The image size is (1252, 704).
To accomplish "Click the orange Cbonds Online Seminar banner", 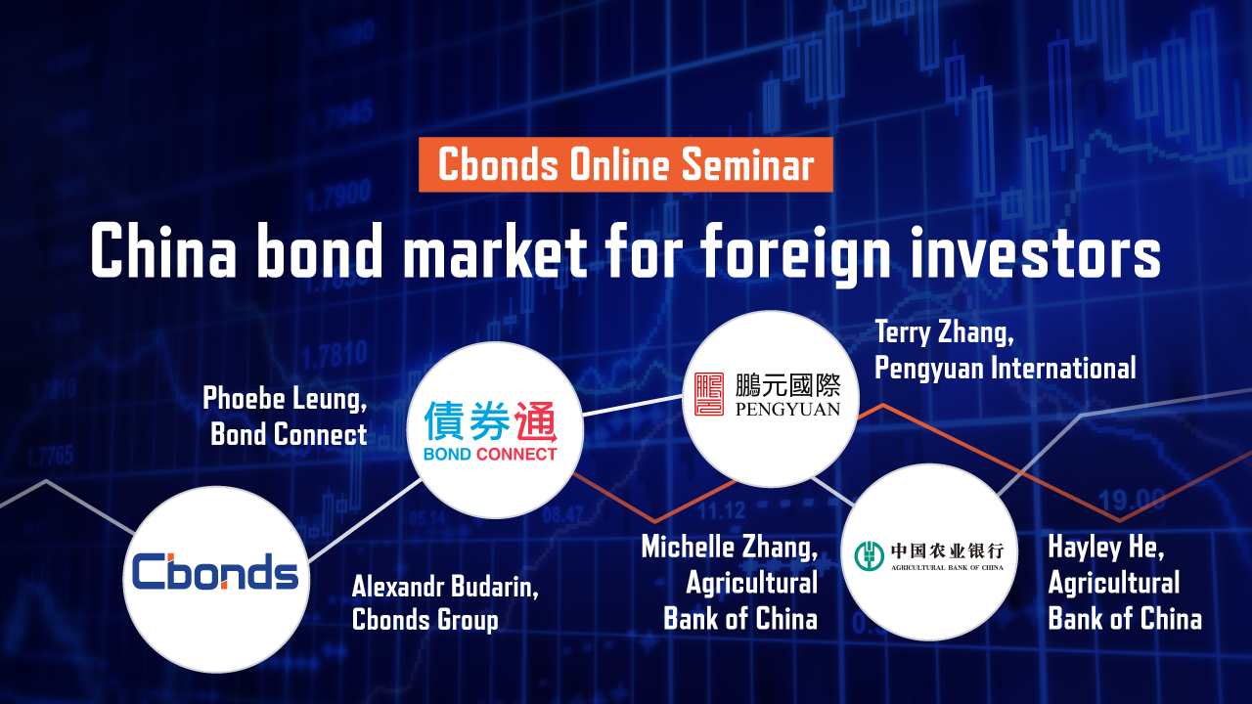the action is point(625,164).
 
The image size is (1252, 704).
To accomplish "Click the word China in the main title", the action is point(163,249).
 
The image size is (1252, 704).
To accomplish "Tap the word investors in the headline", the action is point(1035,250).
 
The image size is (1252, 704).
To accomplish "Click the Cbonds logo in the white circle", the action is point(216,572).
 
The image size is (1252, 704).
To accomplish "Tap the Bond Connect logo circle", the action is point(495,430).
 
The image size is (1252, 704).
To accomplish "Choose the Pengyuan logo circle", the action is point(771,398).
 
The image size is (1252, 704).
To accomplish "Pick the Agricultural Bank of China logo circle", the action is point(929,552).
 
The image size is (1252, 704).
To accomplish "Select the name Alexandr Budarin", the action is point(445,587).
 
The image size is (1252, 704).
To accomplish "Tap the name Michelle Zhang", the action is point(730,547).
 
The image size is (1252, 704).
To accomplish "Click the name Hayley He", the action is point(1106,547).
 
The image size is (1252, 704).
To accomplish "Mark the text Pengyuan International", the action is point(1005,369).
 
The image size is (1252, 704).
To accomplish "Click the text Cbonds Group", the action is point(425,620).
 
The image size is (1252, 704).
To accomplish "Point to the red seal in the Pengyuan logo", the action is point(709,394).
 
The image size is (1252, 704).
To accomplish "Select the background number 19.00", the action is point(1132,500).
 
